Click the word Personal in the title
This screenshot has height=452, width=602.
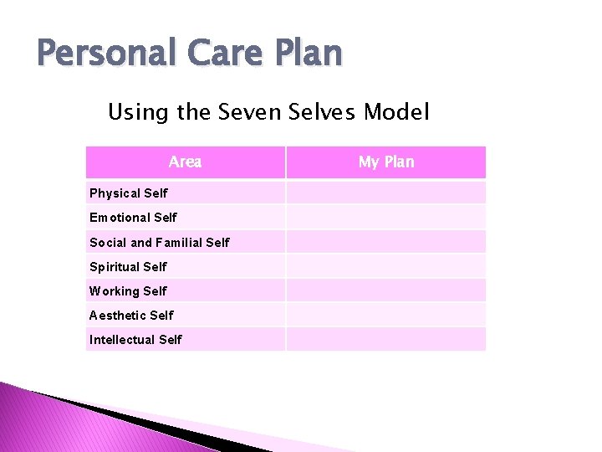[x=107, y=54]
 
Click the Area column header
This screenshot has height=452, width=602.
[x=185, y=162]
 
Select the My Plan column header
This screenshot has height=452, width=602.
[x=385, y=162]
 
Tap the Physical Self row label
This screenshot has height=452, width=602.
[x=129, y=193]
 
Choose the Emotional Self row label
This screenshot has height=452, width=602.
[x=134, y=218]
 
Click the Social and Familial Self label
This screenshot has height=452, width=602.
[x=160, y=243]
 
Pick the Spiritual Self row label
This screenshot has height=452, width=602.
[x=129, y=267]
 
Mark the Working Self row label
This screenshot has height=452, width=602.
[x=129, y=291]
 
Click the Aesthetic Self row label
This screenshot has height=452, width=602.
[x=132, y=316]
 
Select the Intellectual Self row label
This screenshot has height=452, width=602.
[x=135, y=340]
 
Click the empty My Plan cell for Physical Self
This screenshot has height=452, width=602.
[x=385, y=193]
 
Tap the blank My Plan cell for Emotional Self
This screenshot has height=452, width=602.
[x=385, y=218]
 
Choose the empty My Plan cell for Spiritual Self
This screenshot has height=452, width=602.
[x=385, y=266]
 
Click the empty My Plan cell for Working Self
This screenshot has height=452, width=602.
[x=385, y=290]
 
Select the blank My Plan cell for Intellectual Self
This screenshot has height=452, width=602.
[x=385, y=339]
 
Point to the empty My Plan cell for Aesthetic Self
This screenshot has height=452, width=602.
[x=385, y=315]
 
